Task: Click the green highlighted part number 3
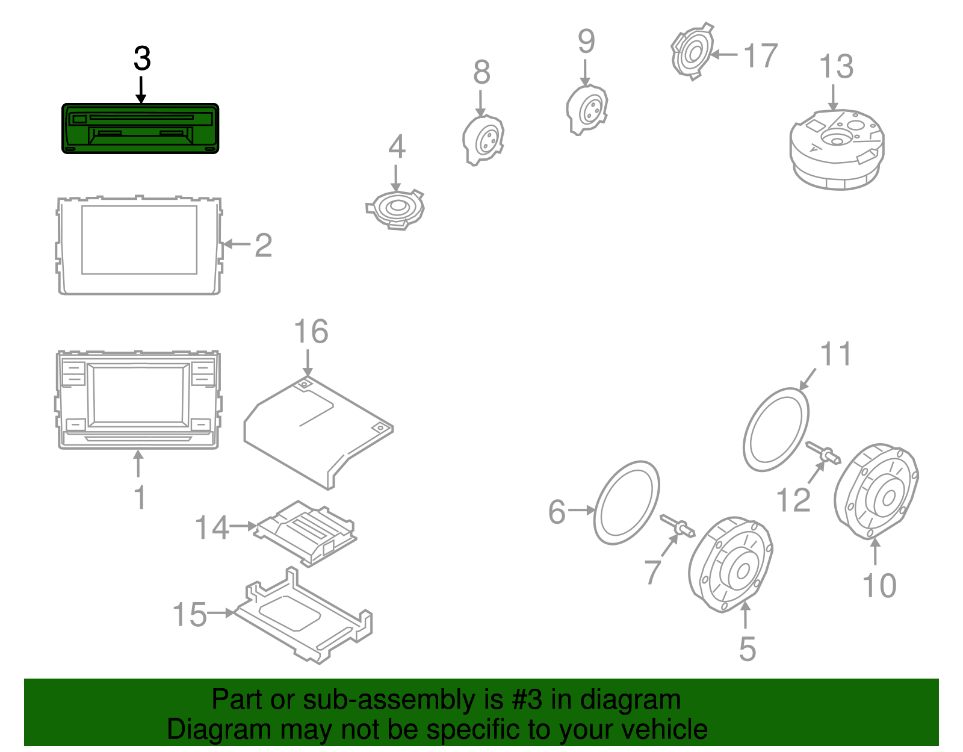coord(140,128)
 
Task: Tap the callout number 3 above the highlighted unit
coord(142,59)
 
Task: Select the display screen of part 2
coord(139,240)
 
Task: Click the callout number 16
coord(311,332)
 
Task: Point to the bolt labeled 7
coord(678,526)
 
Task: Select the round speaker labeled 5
coord(730,564)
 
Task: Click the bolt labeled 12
coord(823,453)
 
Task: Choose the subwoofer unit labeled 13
coord(837,149)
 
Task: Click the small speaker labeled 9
coord(587,110)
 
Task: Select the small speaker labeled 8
coord(483,140)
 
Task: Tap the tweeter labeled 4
coord(395,208)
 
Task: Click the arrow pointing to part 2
coord(236,244)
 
